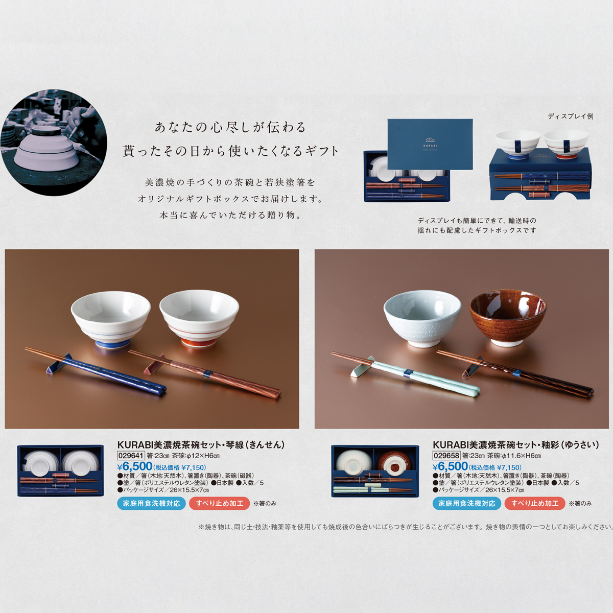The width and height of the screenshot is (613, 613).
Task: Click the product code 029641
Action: pos(131,456)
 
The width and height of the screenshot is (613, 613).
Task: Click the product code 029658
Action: pos(446,456)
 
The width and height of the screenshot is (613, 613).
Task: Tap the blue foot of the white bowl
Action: pos(111,343)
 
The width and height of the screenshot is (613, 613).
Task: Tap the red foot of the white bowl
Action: pos(199,343)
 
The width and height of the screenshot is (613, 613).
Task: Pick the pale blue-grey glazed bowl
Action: pos(422,319)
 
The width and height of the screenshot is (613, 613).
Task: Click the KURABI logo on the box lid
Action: pos(430,143)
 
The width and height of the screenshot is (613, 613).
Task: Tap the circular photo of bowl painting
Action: pos(54,143)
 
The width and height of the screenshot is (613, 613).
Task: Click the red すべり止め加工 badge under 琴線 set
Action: pos(220,504)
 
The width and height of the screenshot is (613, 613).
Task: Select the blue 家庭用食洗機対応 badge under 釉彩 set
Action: pos(467,504)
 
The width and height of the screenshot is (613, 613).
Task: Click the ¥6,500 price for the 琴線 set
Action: pos(135,467)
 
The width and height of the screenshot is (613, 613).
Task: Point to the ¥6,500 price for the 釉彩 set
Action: pos(450,467)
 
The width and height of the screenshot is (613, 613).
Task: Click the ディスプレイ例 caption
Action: pos(571,116)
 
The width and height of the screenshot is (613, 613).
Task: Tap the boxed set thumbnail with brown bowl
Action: pos(375,471)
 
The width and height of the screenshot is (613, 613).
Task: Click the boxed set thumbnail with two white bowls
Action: pos(60,471)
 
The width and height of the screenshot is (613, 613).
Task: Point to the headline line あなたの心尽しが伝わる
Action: pos(230,128)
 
